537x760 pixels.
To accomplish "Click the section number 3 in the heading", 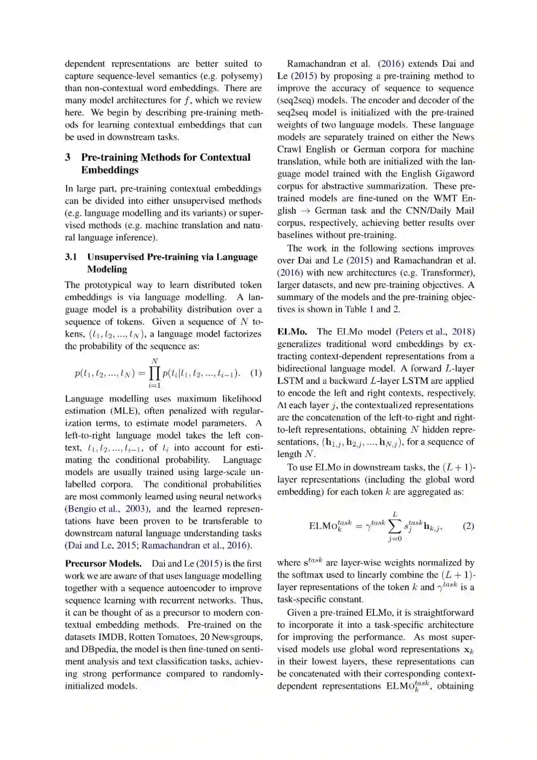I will (x=68, y=157).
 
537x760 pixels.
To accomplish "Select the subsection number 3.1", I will (x=71, y=257).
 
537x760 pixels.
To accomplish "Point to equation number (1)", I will (x=256, y=373).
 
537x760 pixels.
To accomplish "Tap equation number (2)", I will (x=468, y=526).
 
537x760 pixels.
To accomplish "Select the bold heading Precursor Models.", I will (x=103, y=564).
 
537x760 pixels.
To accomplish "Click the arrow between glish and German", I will (x=305, y=210).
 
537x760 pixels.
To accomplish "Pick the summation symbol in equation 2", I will (x=395, y=526).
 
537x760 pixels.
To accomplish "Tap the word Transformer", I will (x=447, y=273).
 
